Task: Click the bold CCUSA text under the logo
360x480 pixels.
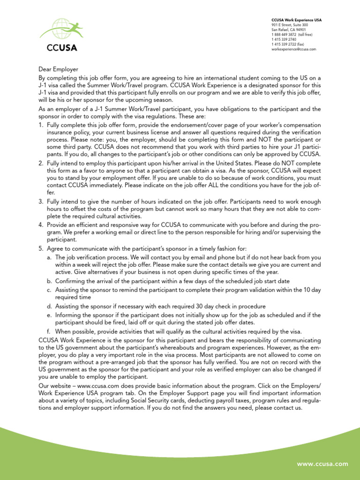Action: click(x=61, y=47)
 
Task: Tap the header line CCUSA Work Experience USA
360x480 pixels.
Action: click(x=297, y=20)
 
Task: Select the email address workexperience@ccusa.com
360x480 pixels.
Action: click(x=294, y=49)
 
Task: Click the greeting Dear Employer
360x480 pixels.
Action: click(x=58, y=69)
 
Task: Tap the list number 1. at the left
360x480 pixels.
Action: click(x=41, y=125)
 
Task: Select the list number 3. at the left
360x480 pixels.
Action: click(x=41, y=201)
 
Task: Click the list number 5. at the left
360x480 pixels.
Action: click(x=41, y=248)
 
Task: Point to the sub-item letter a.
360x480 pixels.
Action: click(x=49, y=257)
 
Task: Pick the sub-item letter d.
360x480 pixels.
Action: click(x=49, y=307)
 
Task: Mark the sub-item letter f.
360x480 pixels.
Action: click(x=49, y=331)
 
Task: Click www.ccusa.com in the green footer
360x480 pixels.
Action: click(x=322, y=464)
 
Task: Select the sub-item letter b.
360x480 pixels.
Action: click(x=49, y=281)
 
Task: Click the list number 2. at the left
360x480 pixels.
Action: click(x=41, y=163)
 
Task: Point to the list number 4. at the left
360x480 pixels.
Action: click(x=41, y=225)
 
